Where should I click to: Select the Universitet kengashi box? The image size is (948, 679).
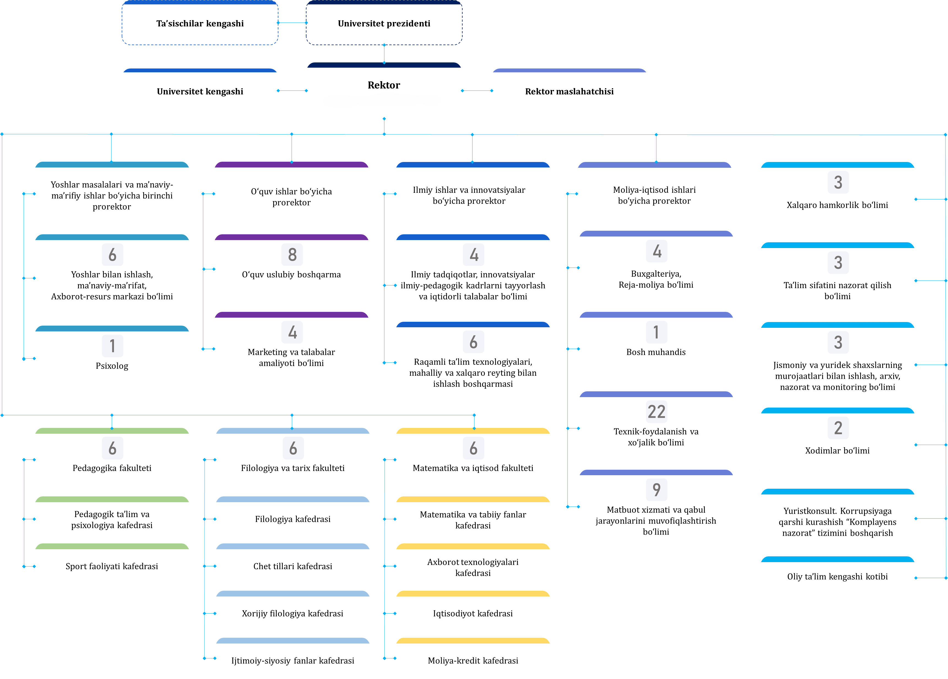pyautogui.click(x=200, y=91)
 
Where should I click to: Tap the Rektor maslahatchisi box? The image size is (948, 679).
pyautogui.click(x=569, y=91)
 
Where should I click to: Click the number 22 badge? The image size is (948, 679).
pyautogui.click(x=656, y=412)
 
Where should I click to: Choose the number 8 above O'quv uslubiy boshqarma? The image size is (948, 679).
pyautogui.click(x=292, y=254)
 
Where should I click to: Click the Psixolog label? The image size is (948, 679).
pyautogui.click(x=112, y=366)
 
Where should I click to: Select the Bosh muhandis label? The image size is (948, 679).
pyautogui.click(x=656, y=352)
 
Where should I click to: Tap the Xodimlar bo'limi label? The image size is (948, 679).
pyautogui.click(x=837, y=450)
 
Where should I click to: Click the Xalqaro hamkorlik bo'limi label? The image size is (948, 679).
pyautogui.click(x=837, y=205)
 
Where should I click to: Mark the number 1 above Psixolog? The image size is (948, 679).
pyautogui.click(x=112, y=346)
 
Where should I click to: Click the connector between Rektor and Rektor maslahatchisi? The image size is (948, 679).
pyautogui.click(x=477, y=91)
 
